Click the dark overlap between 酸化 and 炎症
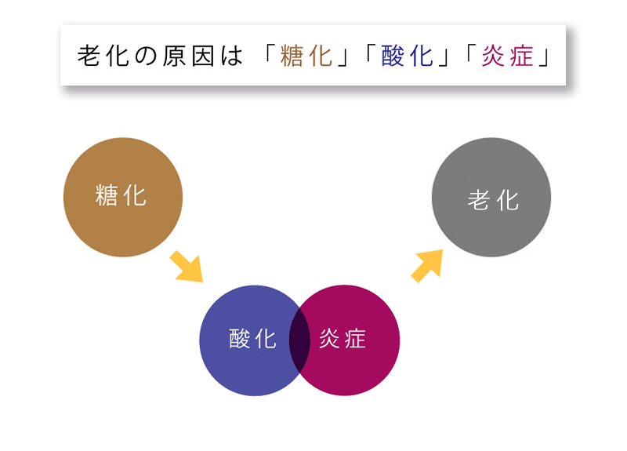pyautogui.click(x=299, y=340)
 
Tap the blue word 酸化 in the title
pyautogui.click(x=408, y=57)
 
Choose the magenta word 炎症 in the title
pyautogui.click(x=507, y=57)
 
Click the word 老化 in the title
pyautogui.click(x=103, y=57)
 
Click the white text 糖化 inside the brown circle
pyautogui.click(x=121, y=195)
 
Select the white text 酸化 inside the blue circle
pyautogui.click(x=252, y=339)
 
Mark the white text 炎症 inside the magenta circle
pyautogui.click(x=342, y=339)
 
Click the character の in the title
pyautogui.click(x=147, y=57)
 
